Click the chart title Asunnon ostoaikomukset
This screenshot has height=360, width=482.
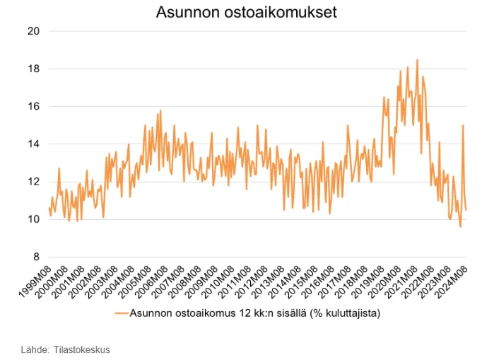click(x=247, y=12)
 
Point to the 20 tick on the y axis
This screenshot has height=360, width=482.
click(x=33, y=31)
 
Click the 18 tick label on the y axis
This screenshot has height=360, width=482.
click(x=33, y=69)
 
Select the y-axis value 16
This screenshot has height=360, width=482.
click(x=33, y=106)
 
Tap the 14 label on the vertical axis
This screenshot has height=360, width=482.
click(x=33, y=144)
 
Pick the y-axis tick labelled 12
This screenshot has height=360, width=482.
click(x=33, y=181)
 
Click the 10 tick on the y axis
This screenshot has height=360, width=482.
click(x=33, y=219)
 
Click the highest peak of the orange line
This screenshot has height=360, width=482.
click(x=418, y=59)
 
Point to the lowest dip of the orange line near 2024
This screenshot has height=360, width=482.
click(x=460, y=226)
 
